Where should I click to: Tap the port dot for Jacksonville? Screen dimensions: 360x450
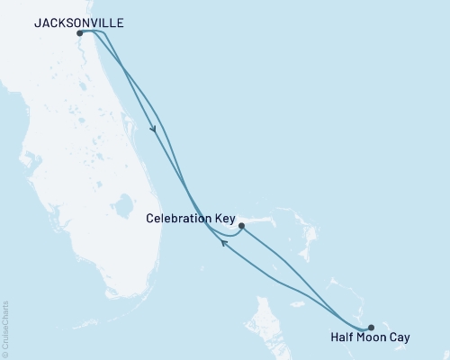point(80,33)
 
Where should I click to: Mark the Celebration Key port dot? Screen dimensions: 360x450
point(240,227)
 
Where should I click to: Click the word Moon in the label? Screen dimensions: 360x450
point(374,338)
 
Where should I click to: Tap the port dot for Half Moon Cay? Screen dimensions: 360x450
point(371,328)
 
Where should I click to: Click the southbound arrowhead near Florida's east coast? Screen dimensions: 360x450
point(155,129)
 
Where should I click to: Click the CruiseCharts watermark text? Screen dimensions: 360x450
point(4,324)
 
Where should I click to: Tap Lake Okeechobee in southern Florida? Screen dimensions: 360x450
point(124,213)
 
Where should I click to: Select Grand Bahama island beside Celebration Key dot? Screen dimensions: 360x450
point(261,220)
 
